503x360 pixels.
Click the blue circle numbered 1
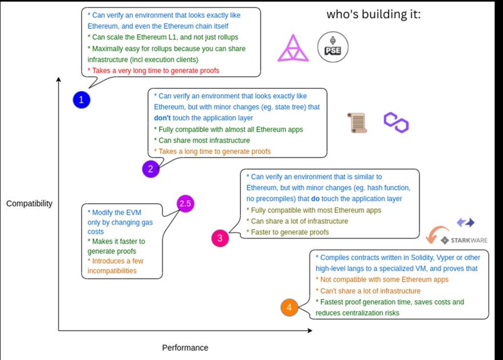pyautogui.click(x=82, y=100)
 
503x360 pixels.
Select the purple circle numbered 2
pyautogui.click(x=150, y=168)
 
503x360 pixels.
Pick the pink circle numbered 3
pyautogui.click(x=220, y=238)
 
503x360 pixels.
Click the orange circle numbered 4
pyautogui.click(x=289, y=308)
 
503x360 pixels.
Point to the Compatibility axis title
pyautogui.click(x=29, y=204)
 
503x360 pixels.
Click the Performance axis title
pyautogui.click(x=185, y=347)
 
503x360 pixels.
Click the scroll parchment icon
pyautogui.click(x=357, y=123)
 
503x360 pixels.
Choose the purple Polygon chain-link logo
pyautogui.click(x=396, y=122)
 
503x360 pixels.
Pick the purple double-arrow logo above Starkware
pyautogui.click(x=466, y=223)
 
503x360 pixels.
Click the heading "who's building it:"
pyautogui.click(x=373, y=15)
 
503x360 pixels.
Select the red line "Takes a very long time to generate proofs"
pyautogui.click(x=153, y=71)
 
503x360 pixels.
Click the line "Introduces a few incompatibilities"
pyautogui.click(x=112, y=266)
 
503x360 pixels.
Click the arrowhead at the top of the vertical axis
pyautogui.click(x=59, y=79)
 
